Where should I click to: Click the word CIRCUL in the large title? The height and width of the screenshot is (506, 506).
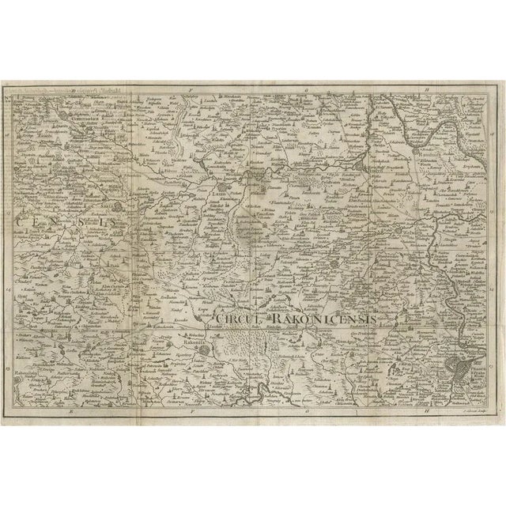[235, 319]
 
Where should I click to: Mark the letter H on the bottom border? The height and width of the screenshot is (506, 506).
[425, 412]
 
